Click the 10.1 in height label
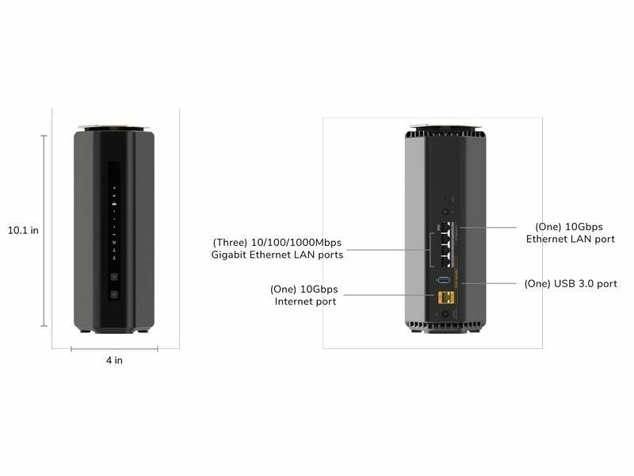click(x=24, y=230)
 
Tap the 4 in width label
click(x=114, y=360)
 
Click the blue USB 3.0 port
click(x=444, y=280)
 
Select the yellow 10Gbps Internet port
click(x=445, y=298)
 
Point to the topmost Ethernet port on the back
click(x=446, y=226)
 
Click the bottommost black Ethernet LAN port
click(x=446, y=262)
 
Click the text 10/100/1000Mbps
click(x=296, y=243)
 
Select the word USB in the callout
click(x=563, y=283)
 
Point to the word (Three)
click(x=230, y=243)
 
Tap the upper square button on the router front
click(x=114, y=277)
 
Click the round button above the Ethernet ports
click(x=445, y=212)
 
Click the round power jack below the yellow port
click(x=445, y=313)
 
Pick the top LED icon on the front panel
click(x=114, y=188)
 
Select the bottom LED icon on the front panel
click(x=114, y=257)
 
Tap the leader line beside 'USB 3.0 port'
click(x=488, y=283)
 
